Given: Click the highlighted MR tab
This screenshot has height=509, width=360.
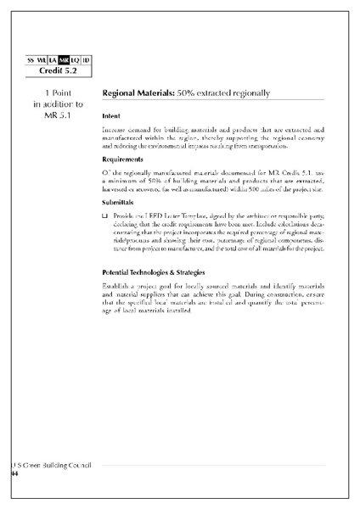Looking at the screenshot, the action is click(64, 59).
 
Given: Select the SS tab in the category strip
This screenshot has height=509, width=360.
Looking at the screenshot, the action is click(31, 59).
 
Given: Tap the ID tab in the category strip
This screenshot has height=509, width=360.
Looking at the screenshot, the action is click(87, 59).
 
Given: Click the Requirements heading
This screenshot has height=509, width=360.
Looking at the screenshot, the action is click(122, 159).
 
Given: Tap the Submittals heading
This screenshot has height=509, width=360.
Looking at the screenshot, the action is click(118, 203).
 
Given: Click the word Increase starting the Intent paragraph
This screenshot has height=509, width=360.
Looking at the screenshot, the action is click(114, 129).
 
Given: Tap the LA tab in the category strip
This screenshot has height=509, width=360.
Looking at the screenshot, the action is click(53, 59).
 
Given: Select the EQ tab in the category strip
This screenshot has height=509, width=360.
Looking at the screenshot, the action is click(76, 59).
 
